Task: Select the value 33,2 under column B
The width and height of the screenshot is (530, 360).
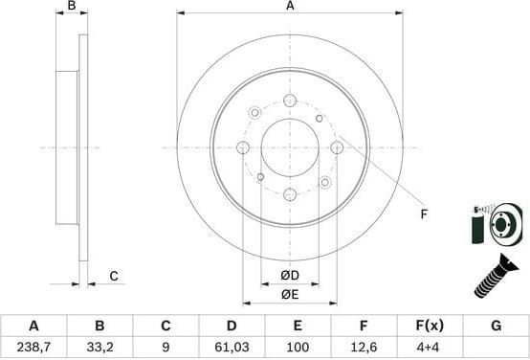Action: (99, 347)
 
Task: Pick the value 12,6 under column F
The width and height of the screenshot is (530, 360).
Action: (364, 347)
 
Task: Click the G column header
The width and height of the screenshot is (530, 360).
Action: (496, 326)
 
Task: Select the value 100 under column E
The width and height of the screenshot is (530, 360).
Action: (298, 347)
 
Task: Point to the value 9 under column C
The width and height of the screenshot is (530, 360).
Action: (166, 347)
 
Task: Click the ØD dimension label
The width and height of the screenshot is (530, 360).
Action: (290, 277)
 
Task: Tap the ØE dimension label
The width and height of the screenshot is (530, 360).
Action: (290, 295)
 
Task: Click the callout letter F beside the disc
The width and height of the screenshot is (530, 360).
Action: (423, 214)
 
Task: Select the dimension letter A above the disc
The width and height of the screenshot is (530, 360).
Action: (290, 7)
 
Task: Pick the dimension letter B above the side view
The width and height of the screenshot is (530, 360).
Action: (71, 7)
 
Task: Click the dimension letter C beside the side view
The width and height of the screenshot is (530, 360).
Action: (113, 277)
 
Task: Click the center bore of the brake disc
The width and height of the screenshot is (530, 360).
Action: (290, 146)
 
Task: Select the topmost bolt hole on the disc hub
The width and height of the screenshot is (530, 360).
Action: (290, 100)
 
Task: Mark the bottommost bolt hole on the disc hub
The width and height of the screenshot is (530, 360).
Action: (290, 194)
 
